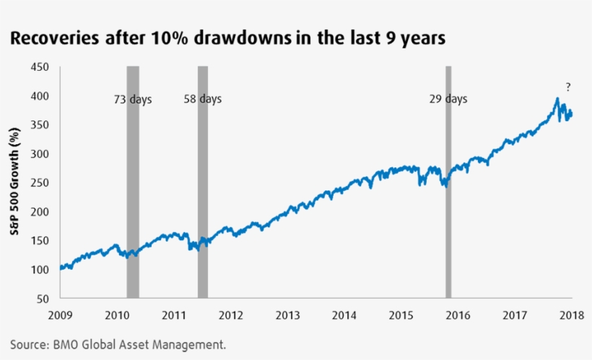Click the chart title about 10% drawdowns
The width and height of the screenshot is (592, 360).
(x=227, y=38)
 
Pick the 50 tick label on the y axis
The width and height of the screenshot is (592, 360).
(x=43, y=298)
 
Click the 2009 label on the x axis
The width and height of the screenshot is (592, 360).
(x=60, y=315)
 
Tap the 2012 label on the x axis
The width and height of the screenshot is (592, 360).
(x=231, y=315)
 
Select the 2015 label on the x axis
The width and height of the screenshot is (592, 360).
(x=401, y=315)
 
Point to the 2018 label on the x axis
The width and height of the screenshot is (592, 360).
(x=572, y=315)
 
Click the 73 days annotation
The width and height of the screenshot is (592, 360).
(x=133, y=100)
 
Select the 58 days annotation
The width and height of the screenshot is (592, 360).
(x=203, y=99)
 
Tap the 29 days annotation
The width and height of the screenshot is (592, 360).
(x=448, y=99)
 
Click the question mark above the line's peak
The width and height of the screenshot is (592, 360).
(x=568, y=87)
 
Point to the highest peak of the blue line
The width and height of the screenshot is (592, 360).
(x=557, y=99)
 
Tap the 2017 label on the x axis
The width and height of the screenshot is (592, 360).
(x=515, y=315)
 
